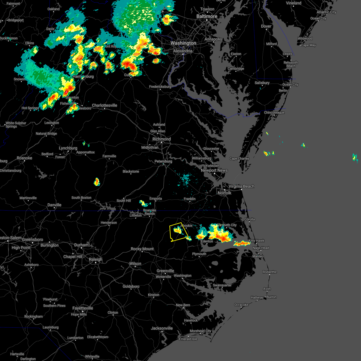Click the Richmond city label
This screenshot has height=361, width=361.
[x=162, y=139]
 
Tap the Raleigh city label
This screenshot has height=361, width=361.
[x=96, y=259]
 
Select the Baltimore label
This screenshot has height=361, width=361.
[x=207, y=16]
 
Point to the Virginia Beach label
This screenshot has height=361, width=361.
[x=241, y=187]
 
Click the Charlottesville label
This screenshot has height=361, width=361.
[x=104, y=105]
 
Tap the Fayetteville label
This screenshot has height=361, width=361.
[x=83, y=308]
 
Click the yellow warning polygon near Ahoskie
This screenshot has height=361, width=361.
[x=179, y=232]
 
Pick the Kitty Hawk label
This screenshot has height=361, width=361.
[x=256, y=241]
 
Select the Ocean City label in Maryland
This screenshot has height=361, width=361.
[x=290, y=85]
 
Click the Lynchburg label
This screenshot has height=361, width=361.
[x=68, y=148]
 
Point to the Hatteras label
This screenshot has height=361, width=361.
[x=257, y=298]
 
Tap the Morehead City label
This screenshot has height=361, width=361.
[x=200, y=331]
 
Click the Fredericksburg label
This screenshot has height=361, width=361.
[x=160, y=87]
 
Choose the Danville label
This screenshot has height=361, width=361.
[x=54, y=205]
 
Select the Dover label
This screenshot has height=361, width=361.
[x=266, y=26]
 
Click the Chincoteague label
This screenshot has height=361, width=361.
[x=274, y=113]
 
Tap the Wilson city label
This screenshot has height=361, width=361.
[x=135, y=264]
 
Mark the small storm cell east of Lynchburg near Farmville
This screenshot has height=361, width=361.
[x=97, y=182]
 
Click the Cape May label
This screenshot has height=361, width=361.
[x=308, y=45]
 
